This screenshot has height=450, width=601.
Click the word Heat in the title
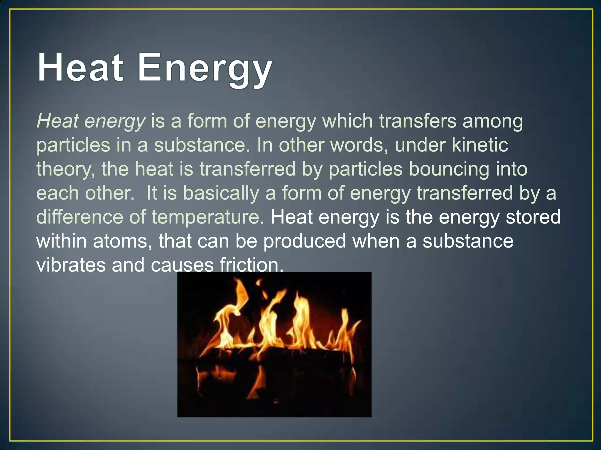point(80,67)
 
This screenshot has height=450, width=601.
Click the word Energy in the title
point(205,69)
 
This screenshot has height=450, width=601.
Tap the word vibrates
point(71,265)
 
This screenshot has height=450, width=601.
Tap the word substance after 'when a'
point(468,241)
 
